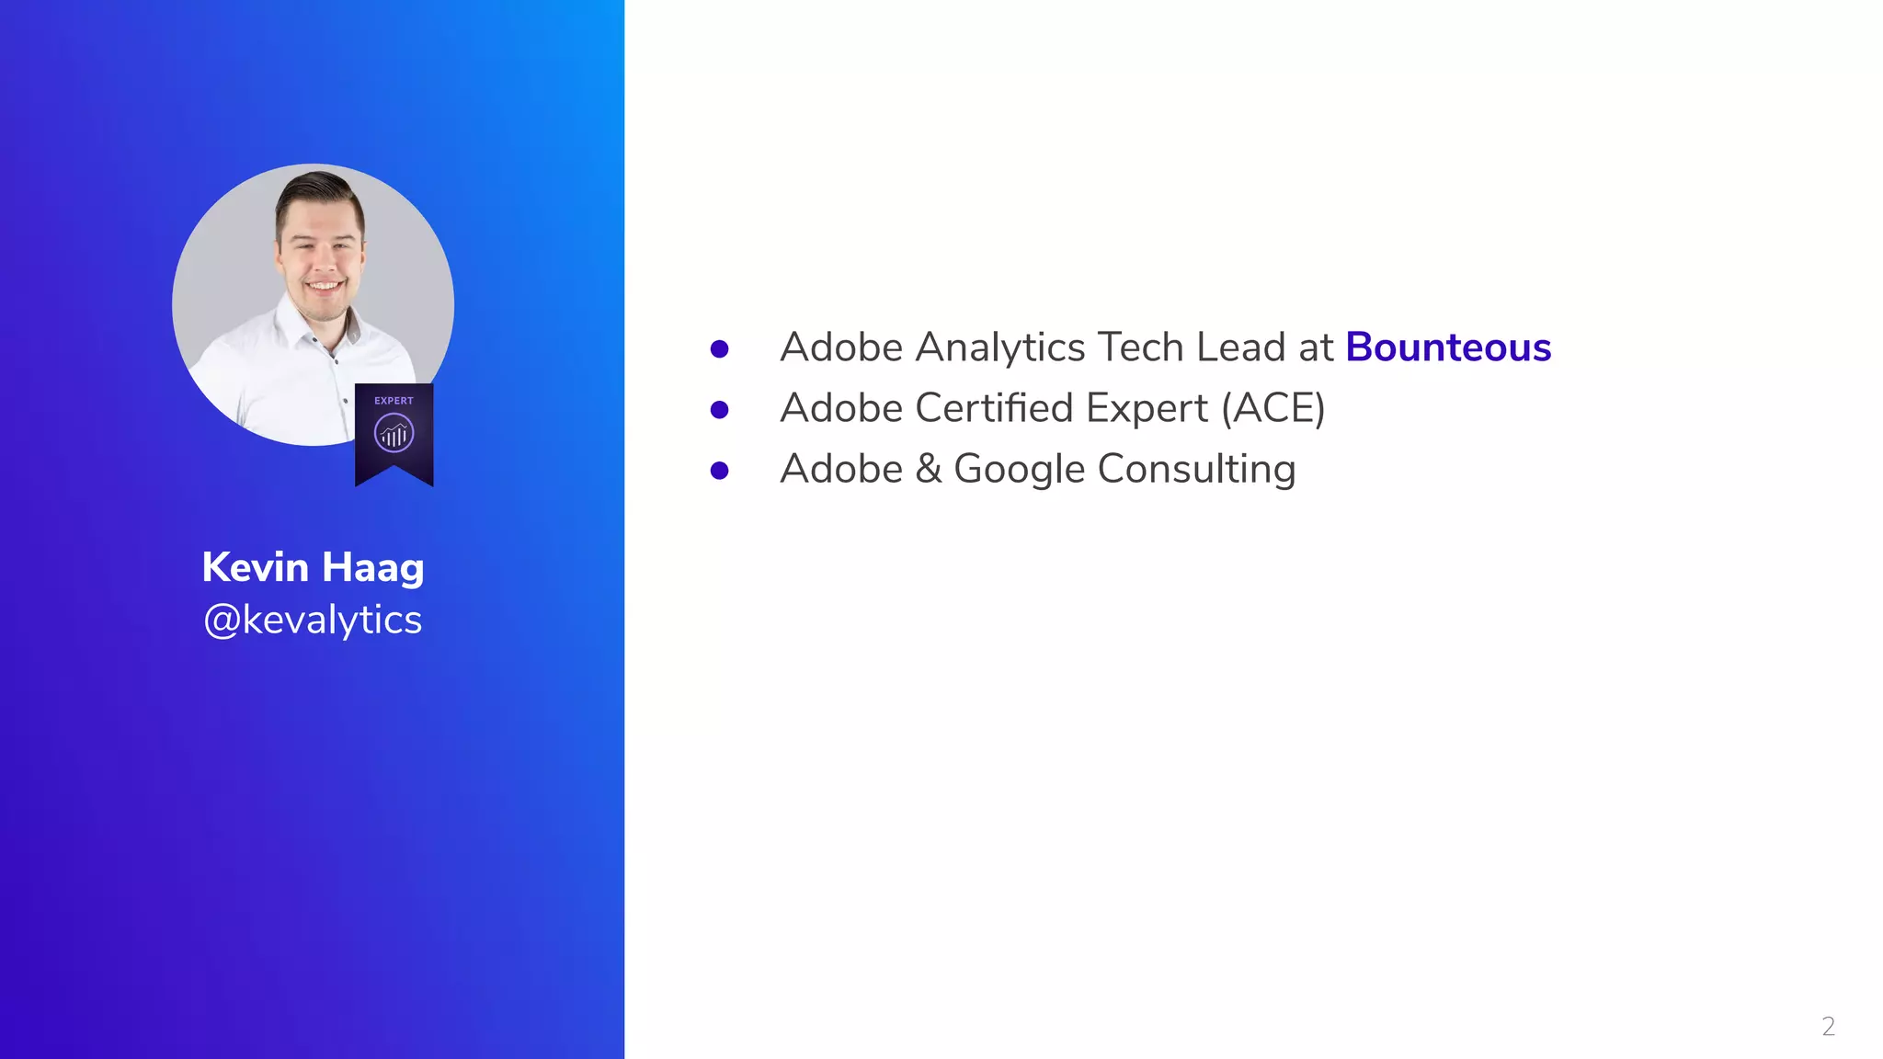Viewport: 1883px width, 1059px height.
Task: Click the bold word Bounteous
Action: (1448, 347)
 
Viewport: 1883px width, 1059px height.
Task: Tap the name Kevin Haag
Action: (313, 567)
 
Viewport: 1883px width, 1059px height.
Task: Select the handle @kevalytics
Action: (313, 620)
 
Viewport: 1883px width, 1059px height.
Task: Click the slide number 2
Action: (1828, 1026)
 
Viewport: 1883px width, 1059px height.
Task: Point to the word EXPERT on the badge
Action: (394, 401)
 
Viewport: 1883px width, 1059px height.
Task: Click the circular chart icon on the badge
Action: (394, 433)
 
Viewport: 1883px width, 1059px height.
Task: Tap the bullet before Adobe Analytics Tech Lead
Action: (720, 349)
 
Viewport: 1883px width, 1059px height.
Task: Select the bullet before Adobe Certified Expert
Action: (720, 410)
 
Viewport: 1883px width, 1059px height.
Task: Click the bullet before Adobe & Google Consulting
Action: (720, 471)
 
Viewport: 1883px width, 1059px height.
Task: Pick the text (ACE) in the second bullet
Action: (1273, 408)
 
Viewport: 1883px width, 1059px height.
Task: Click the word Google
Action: (1020, 470)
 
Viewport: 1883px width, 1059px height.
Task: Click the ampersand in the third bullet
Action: (929, 469)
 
